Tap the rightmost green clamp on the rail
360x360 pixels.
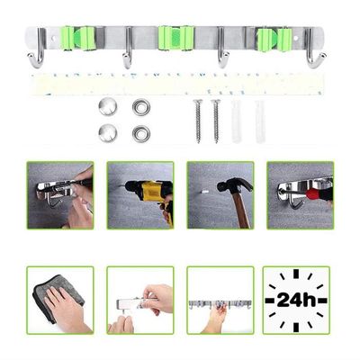[273, 39]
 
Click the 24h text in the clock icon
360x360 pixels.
[296, 299]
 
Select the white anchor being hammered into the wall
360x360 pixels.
[206, 191]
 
